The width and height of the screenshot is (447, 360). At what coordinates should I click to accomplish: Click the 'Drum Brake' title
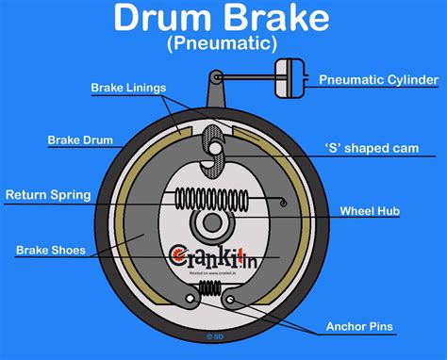pyautogui.click(x=223, y=19)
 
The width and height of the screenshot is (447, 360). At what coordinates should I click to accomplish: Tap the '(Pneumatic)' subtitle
pyautogui.click(x=223, y=43)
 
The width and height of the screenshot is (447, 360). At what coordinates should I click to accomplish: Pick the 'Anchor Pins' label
pyautogui.click(x=359, y=327)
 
